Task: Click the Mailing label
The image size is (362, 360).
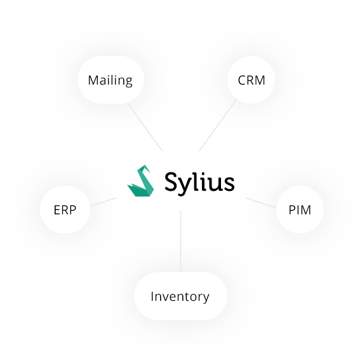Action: coord(110,81)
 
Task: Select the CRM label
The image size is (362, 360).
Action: coord(251,81)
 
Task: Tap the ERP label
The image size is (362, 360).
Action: coord(65,209)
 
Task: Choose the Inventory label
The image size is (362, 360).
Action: coord(180,296)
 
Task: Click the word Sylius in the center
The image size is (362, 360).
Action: coord(199,182)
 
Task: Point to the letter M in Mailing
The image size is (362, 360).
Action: coord(93,81)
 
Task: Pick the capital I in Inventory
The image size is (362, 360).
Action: coord(152,296)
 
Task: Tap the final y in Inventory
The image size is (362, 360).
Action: coord(205,298)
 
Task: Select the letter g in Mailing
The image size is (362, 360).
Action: coord(128,83)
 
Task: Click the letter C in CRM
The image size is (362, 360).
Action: coord(242,81)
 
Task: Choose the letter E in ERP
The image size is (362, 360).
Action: coord(56,209)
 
